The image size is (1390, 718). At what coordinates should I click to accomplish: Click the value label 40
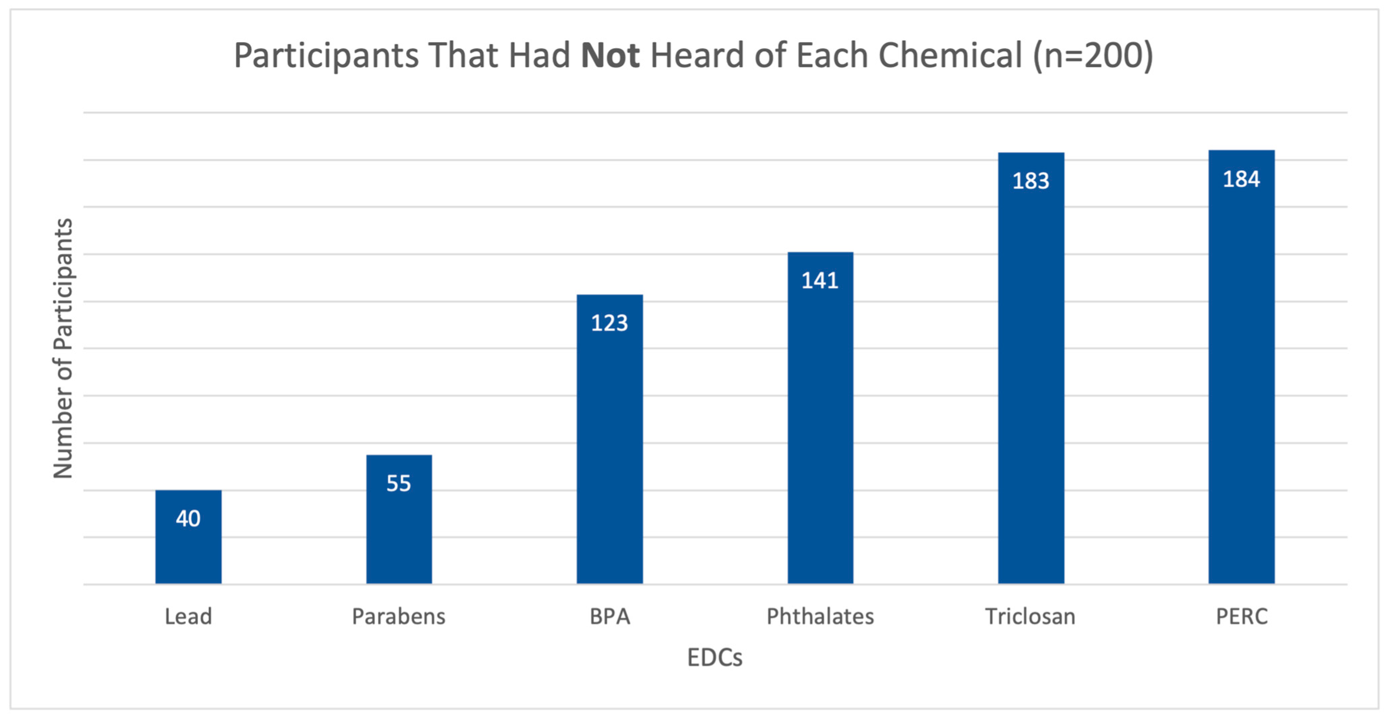pyautogui.click(x=188, y=519)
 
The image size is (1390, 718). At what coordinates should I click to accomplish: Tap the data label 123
pyautogui.click(x=610, y=323)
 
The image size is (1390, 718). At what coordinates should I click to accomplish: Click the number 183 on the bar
pyautogui.click(x=1031, y=181)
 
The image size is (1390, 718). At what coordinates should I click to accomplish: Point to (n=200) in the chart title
pyautogui.click(x=1093, y=56)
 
